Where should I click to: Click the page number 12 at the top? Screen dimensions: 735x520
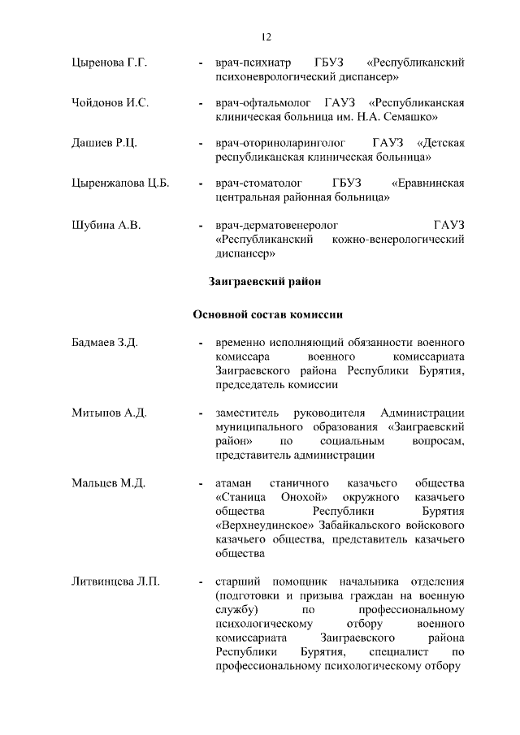[x=266, y=37]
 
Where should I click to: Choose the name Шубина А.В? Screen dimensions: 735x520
[x=101, y=224]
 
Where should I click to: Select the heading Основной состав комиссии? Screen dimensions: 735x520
[x=265, y=314]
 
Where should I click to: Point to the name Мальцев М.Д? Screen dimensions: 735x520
[x=103, y=483]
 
